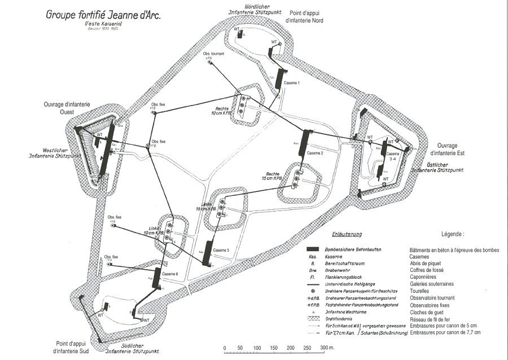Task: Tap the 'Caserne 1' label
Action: tap(291, 83)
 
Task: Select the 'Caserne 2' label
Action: tap(316, 153)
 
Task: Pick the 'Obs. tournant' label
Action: tap(214, 54)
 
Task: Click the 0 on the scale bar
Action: tap(225, 347)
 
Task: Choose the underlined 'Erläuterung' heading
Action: tap(346, 234)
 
